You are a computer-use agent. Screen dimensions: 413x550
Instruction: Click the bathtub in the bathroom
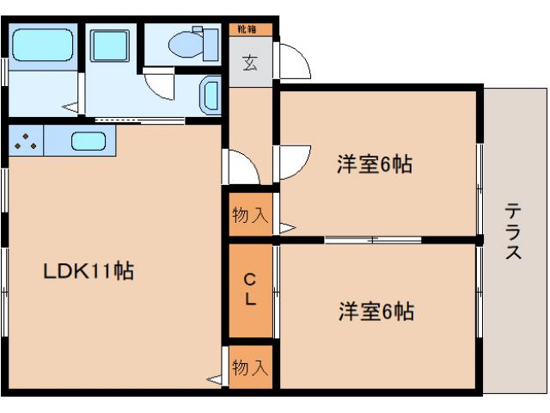(43, 42)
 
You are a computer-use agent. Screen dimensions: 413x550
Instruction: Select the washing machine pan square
(109, 43)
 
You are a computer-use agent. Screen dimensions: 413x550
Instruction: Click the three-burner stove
(27, 140)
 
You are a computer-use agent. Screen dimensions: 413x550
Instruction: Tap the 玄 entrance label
(250, 63)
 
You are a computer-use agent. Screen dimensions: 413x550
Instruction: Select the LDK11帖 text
(89, 271)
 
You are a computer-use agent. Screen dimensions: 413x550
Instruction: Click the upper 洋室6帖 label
(374, 163)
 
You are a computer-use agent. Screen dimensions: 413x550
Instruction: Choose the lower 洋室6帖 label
(376, 311)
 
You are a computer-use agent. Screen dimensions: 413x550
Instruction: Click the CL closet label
(249, 289)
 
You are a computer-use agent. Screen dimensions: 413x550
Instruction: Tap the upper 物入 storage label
(250, 215)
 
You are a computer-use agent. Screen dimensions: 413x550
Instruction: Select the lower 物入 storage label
(250, 368)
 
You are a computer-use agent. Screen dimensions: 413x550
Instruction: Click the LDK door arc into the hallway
(238, 164)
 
